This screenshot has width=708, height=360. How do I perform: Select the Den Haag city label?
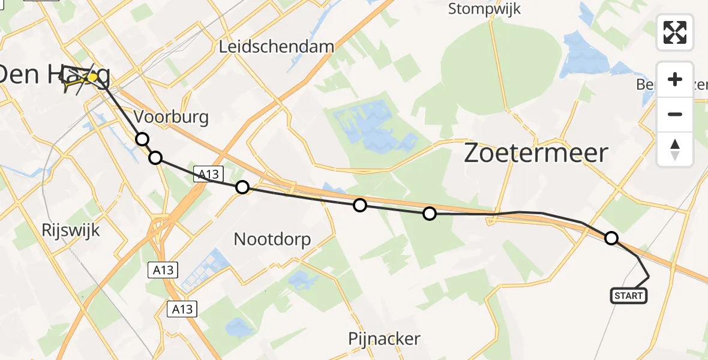[x=55, y=76]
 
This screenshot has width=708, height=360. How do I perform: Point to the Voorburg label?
[x=171, y=116]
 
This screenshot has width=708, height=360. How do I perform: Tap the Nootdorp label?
[x=272, y=240]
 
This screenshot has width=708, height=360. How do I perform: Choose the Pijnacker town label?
[x=384, y=339]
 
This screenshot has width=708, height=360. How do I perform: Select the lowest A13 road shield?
[x=182, y=308]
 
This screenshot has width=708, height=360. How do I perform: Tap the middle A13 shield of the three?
[x=163, y=270]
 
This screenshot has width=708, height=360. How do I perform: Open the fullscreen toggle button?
[x=675, y=32]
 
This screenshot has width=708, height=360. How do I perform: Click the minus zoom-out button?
[x=675, y=114]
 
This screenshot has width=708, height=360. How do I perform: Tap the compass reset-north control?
[x=675, y=149]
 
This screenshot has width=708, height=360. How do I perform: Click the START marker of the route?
[x=628, y=295]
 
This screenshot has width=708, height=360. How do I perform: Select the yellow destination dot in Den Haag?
[x=92, y=77]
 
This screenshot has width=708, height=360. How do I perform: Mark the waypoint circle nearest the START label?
[x=611, y=238]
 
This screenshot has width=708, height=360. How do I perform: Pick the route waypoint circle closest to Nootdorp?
[x=242, y=187]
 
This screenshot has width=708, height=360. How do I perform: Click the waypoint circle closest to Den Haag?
[x=142, y=139]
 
